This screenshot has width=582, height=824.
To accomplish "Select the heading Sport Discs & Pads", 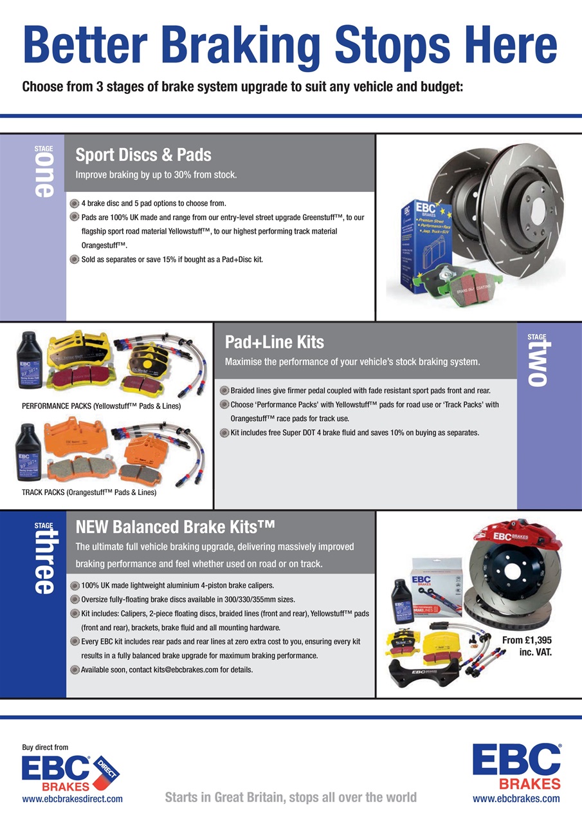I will point(143,155).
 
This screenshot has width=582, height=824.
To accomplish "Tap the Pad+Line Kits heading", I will point(275,341).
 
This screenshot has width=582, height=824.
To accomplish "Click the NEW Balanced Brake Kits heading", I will point(176,528).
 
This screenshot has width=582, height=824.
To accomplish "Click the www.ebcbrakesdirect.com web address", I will point(72,798).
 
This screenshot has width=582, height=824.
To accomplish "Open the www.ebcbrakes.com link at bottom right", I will point(516,799).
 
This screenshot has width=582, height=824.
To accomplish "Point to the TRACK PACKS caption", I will point(89,493).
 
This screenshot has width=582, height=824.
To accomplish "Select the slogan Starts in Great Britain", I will point(291,798).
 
